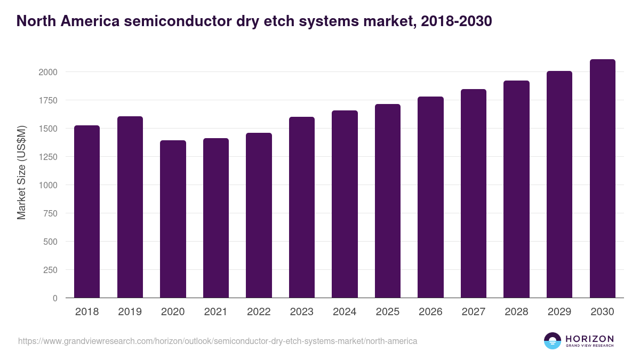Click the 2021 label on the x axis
pos(215,312)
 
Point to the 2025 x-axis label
pos(387,312)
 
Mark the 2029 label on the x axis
pos(559,312)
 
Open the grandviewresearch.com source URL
pos(218,341)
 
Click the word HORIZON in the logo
pos(589,339)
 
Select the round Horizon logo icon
pos(553,341)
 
